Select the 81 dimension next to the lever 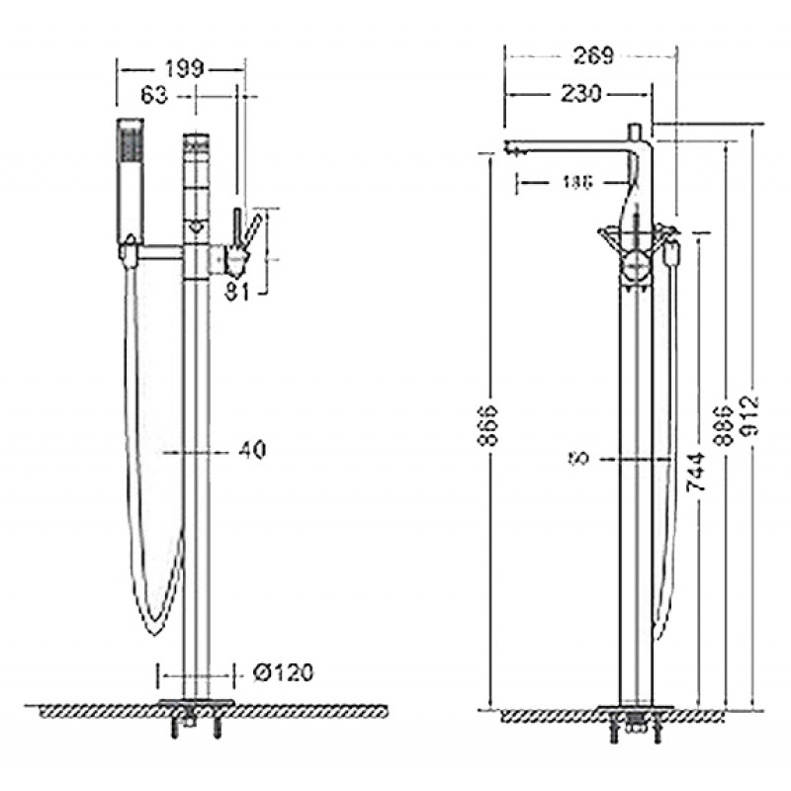[x=236, y=289]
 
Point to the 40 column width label [x=252, y=450]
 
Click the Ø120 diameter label [x=285, y=674]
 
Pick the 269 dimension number [x=590, y=55]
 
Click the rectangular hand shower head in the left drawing [x=130, y=178]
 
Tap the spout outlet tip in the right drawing [x=511, y=151]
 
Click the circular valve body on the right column [x=635, y=265]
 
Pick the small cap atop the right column [x=637, y=130]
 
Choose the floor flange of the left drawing [x=198, y=705]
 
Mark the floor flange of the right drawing [x=638, y=710]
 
